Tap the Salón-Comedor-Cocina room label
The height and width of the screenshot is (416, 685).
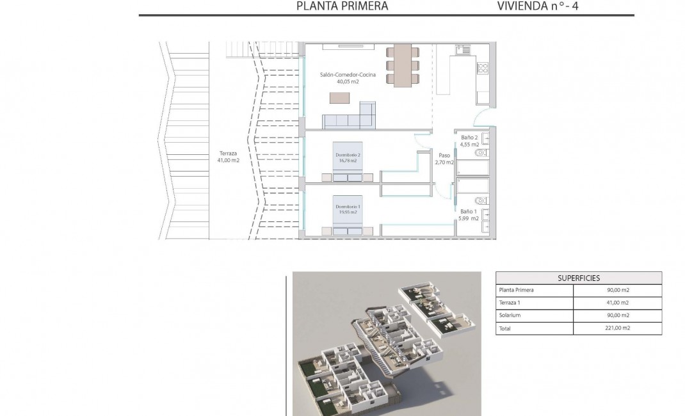[x=348, y=78]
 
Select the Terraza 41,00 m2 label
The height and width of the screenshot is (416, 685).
[x=229, y=157]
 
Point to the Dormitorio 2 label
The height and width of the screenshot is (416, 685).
[x=348, y=158]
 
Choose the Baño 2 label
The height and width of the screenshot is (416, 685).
[x=469, y=141]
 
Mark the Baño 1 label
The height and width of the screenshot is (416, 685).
[x=468, y=215]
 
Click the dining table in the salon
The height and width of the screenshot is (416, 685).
[x=401, y=65]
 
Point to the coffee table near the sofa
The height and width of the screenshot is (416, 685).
[x=340, y=98]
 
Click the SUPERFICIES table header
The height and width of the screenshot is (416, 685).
[x=578, y=278]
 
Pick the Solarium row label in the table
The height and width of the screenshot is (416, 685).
[x=510, y=315]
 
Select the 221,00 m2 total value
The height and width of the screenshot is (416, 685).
[x=617, y=328]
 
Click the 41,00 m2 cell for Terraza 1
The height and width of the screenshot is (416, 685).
[x=617, y=303]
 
